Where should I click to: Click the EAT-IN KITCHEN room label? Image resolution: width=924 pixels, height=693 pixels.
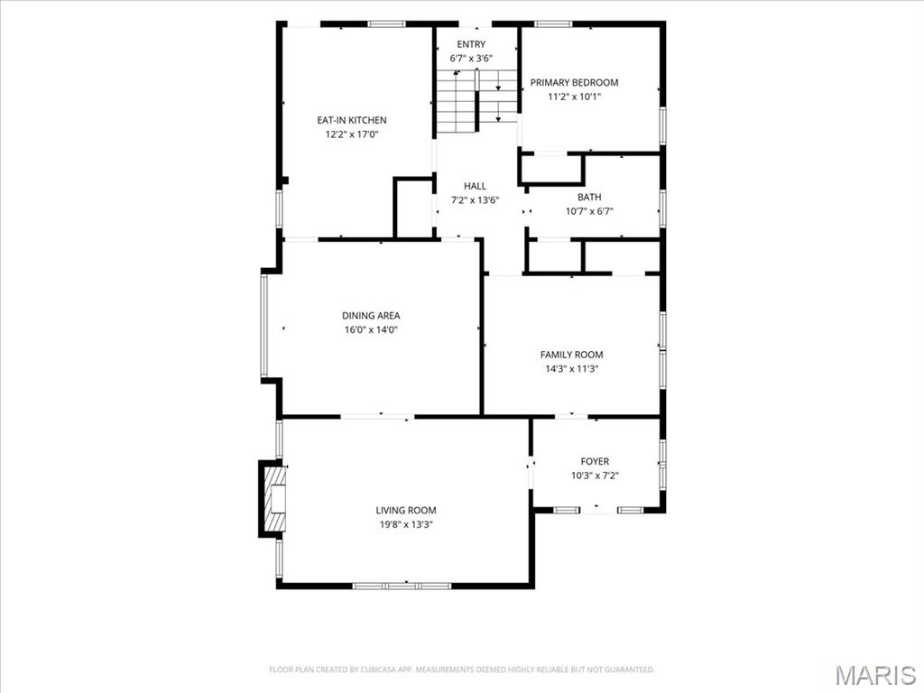click(x=352, y=120)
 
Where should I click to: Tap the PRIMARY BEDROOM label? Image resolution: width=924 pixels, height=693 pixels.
click(x=575, y=82)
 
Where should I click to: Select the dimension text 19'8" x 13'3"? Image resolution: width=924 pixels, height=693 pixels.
click(x=407, y=524)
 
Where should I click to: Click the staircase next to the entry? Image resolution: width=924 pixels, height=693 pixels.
click(x=476, y=101)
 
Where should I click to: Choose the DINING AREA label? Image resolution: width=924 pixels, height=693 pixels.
click(x=371, y=316)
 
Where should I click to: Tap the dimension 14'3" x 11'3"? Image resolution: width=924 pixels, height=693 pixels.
click(x=571, y=369)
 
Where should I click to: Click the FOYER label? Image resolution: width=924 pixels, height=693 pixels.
click(x=595, y=461)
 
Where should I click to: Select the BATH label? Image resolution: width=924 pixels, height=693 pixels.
click(x=589, y=198)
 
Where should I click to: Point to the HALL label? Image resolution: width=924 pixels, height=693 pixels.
click(x=475, y=186)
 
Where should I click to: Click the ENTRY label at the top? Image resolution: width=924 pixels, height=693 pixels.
click(x=471, y=44)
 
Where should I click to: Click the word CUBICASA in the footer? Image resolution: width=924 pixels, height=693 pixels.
click(x=374, y=670)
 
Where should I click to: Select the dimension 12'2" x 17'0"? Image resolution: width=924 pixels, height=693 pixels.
click(x=352, y=134)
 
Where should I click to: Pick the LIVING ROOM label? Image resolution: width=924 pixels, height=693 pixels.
click(x=407, y=511)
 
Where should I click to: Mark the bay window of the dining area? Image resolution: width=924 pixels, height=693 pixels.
click(x=264, y=326)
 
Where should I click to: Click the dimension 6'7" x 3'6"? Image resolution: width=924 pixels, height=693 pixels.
click(x=471, y=59)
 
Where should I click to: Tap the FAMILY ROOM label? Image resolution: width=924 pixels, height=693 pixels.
click(x=571, y=355)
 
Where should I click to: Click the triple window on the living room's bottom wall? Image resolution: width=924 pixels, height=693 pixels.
click(x=402, y=586)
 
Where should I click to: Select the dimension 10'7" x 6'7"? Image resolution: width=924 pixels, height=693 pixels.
click(x=589, y=211)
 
